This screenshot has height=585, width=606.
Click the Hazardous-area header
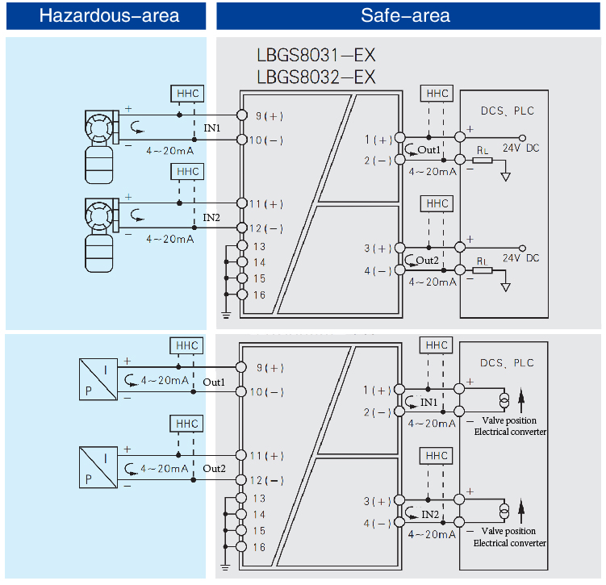109,15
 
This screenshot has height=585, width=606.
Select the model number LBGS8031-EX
316,56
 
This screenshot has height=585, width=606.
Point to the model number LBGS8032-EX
316,77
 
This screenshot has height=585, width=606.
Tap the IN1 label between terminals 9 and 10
211,128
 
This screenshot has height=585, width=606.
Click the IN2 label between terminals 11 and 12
211,217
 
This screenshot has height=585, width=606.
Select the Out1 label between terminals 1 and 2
428,150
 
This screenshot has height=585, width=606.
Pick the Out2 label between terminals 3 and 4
428,261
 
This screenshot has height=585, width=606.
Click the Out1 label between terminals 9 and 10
214,381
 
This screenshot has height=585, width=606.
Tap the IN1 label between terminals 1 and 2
428,402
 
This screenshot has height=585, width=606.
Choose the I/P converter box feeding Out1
95,380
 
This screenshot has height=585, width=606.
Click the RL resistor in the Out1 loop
482,160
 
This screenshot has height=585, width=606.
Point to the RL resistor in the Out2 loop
482,270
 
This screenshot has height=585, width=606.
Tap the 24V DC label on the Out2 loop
521,258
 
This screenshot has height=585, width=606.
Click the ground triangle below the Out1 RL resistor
506,176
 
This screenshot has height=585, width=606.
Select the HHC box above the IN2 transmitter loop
188,172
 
